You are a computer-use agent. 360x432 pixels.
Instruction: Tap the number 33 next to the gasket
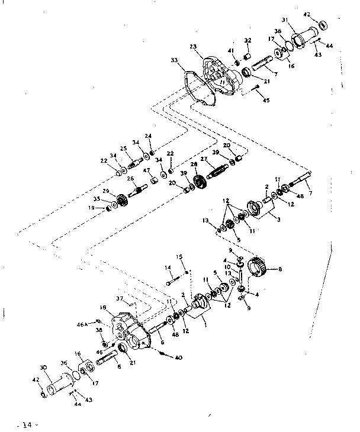(173, 60)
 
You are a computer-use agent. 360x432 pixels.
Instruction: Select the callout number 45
(266, 100)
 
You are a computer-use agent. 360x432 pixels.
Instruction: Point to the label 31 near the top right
(284, 20)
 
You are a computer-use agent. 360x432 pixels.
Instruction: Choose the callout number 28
(194, 165)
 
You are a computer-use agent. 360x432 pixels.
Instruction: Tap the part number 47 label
(146, 170)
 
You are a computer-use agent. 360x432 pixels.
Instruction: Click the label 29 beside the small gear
(107, 191)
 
